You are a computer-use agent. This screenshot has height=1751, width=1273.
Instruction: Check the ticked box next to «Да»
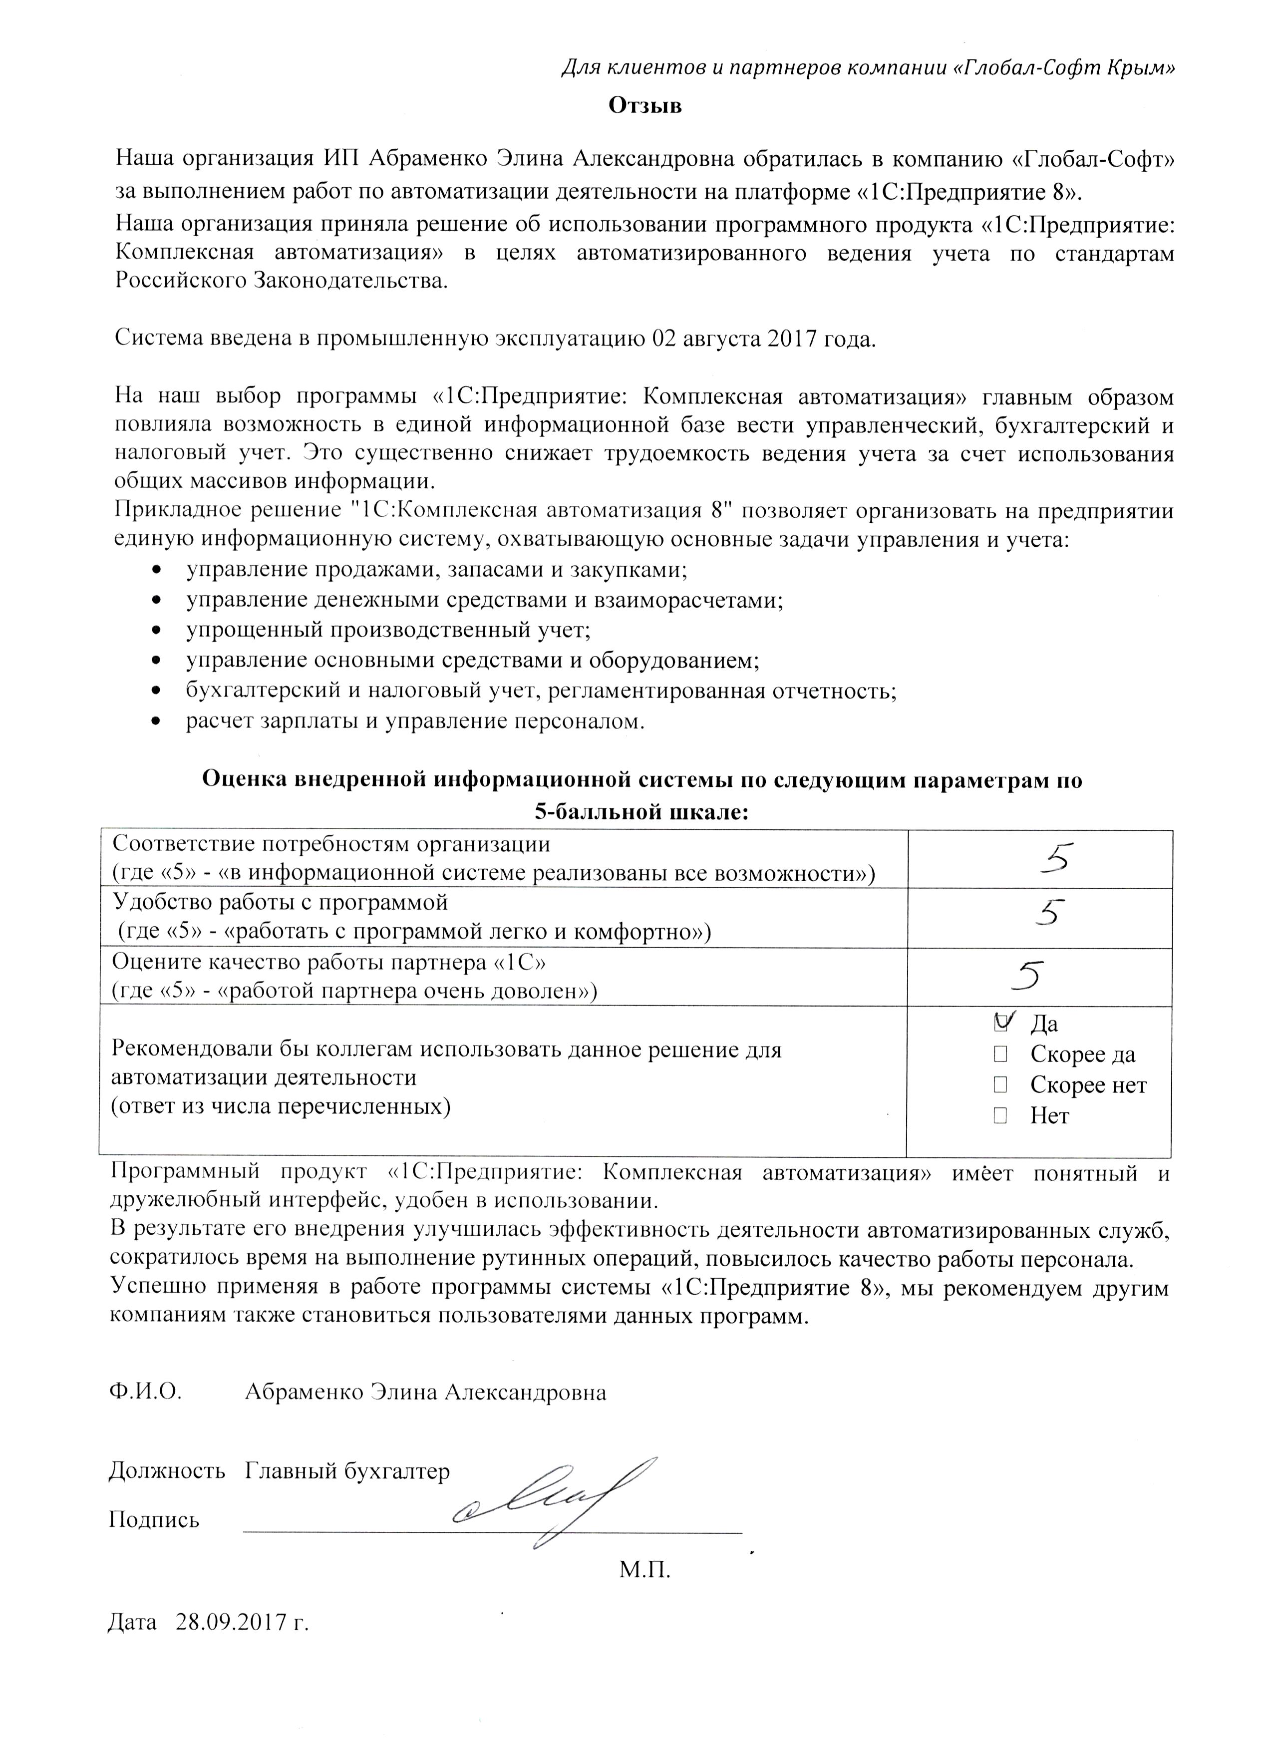pos(1001,1023)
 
